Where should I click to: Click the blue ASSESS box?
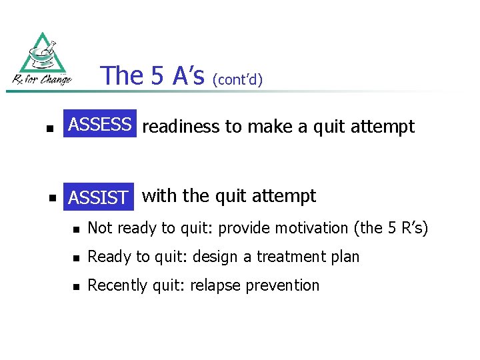click(x=100, y=124)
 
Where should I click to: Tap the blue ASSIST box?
click(x=99, y=197)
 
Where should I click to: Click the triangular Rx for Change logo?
click(x=42, y=60)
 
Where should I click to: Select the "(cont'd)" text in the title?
click(x=238, y=80)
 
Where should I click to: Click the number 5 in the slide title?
click(x=157, y=76)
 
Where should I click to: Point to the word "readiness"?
click(x=181, y=127)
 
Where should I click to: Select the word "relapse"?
click(x=215, y=285)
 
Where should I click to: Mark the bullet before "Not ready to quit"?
click(x=76, y=229)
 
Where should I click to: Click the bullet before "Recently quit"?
click(x=76, y=287)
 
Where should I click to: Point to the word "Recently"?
click(x=116, y=285)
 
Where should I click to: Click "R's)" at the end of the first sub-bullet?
click(x=413, y=228)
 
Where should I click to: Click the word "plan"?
click(x=344, y=257)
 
